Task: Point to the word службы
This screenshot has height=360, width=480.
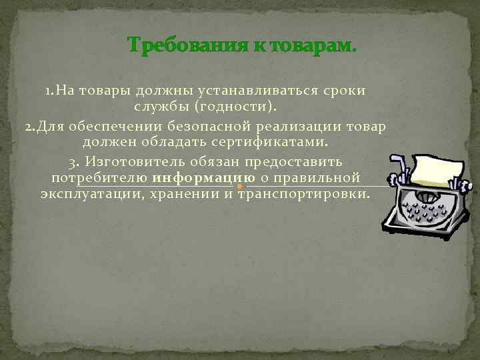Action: tap(161, 107)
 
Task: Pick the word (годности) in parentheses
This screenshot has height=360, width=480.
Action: tap(235, 107)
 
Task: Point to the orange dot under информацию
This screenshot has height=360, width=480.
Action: tap(240, 187)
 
